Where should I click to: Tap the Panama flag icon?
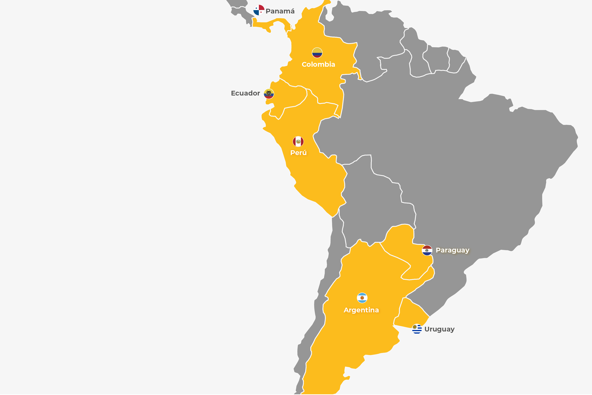coord(259,10)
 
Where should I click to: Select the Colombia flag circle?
coord(317,53)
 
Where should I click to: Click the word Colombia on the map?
coord(318,64)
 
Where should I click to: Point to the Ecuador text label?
coord(245,93)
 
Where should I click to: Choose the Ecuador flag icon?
coord(269,94)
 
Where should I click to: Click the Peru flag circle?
coord(298,141)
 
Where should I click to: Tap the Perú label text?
coord(298,153)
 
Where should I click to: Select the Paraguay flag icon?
coord(427,250)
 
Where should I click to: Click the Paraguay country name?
coord(453,250)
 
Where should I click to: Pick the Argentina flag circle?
coord(362,298)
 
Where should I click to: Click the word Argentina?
coord(361,310)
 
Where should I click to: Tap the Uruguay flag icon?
coord(417,329)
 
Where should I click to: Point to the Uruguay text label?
coord(439,329)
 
